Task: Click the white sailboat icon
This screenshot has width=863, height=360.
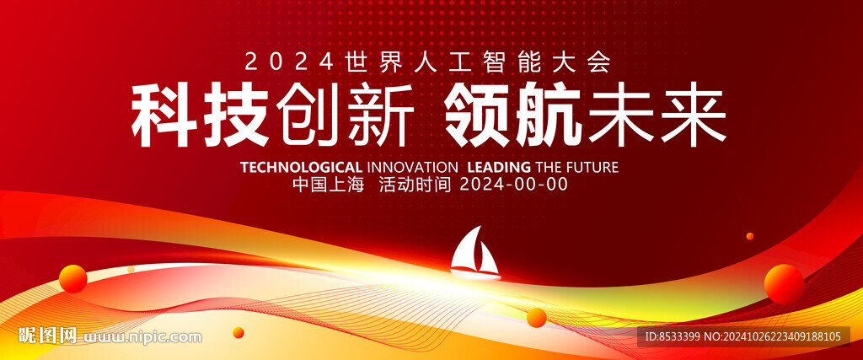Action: (475, 253)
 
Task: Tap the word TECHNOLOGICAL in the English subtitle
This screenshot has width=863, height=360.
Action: (302, 167)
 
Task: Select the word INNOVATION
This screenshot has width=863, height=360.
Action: (411, 167)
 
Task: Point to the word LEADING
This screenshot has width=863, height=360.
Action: (499, 167)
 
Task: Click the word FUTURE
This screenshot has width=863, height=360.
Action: (592, 167)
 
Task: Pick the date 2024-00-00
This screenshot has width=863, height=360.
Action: (513, 185)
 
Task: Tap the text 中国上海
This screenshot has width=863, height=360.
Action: (329, 185)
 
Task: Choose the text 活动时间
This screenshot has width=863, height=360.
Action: (415, 185)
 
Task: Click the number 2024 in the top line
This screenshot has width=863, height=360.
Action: (290, 62)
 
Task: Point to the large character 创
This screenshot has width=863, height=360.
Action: (308, 116)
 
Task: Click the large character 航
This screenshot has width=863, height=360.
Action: (548, 116)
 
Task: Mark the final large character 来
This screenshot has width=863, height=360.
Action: (693, 116)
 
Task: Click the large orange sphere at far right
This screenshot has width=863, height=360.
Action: (784, 284)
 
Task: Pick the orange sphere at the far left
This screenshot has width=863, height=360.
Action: (73, 278)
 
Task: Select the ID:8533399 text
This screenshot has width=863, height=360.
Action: (678, 336)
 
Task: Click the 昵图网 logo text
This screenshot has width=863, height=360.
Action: (47, 336)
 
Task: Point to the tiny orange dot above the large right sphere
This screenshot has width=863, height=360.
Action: (749, 236)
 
